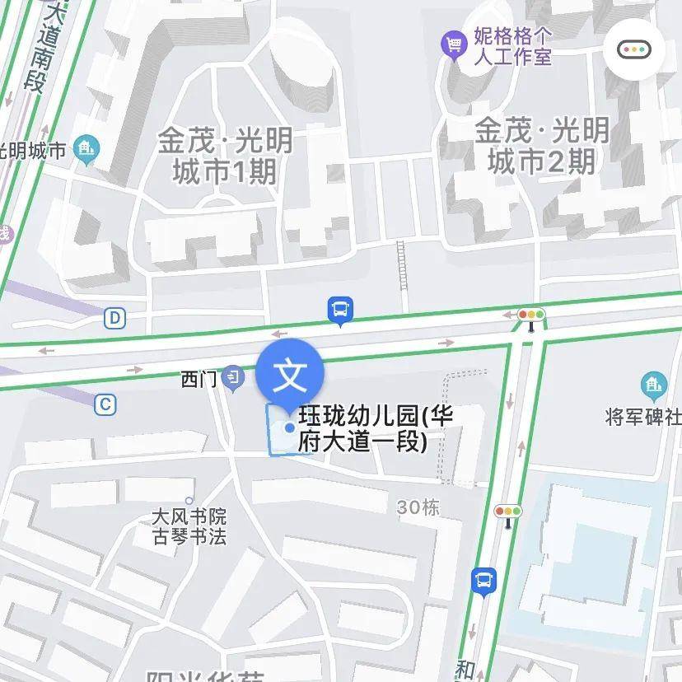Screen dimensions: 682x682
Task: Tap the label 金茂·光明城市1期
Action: click(x=225, y=156)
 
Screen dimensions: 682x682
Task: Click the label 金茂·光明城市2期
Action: click(x=542, y=145)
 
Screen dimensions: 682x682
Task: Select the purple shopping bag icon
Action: click(x=453, y=44)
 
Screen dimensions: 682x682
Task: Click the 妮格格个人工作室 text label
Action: click(x=512, y=46)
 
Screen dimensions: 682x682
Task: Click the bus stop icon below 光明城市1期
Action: click(x=339, y=311)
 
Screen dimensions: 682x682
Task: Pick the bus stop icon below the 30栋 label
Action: click(x=484, y=581)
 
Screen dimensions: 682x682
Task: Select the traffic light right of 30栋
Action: click(x=508, y=511)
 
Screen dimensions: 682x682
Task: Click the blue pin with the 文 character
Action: click(x=290, y=376)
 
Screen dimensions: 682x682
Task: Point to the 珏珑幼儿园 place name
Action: click(x=376, y=427)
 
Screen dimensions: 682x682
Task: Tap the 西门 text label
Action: click(x=199, y=380)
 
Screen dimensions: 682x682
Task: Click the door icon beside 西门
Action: click(x=234, y=378)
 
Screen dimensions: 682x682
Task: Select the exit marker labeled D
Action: click(x=114, y=317)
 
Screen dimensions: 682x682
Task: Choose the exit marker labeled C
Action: click(x=105, y=404)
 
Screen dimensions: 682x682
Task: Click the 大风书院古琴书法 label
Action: click(x=189, y=527)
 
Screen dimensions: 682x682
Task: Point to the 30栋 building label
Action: click(x=418, y=507)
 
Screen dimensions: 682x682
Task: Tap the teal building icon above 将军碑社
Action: click(x=653, y=384)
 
